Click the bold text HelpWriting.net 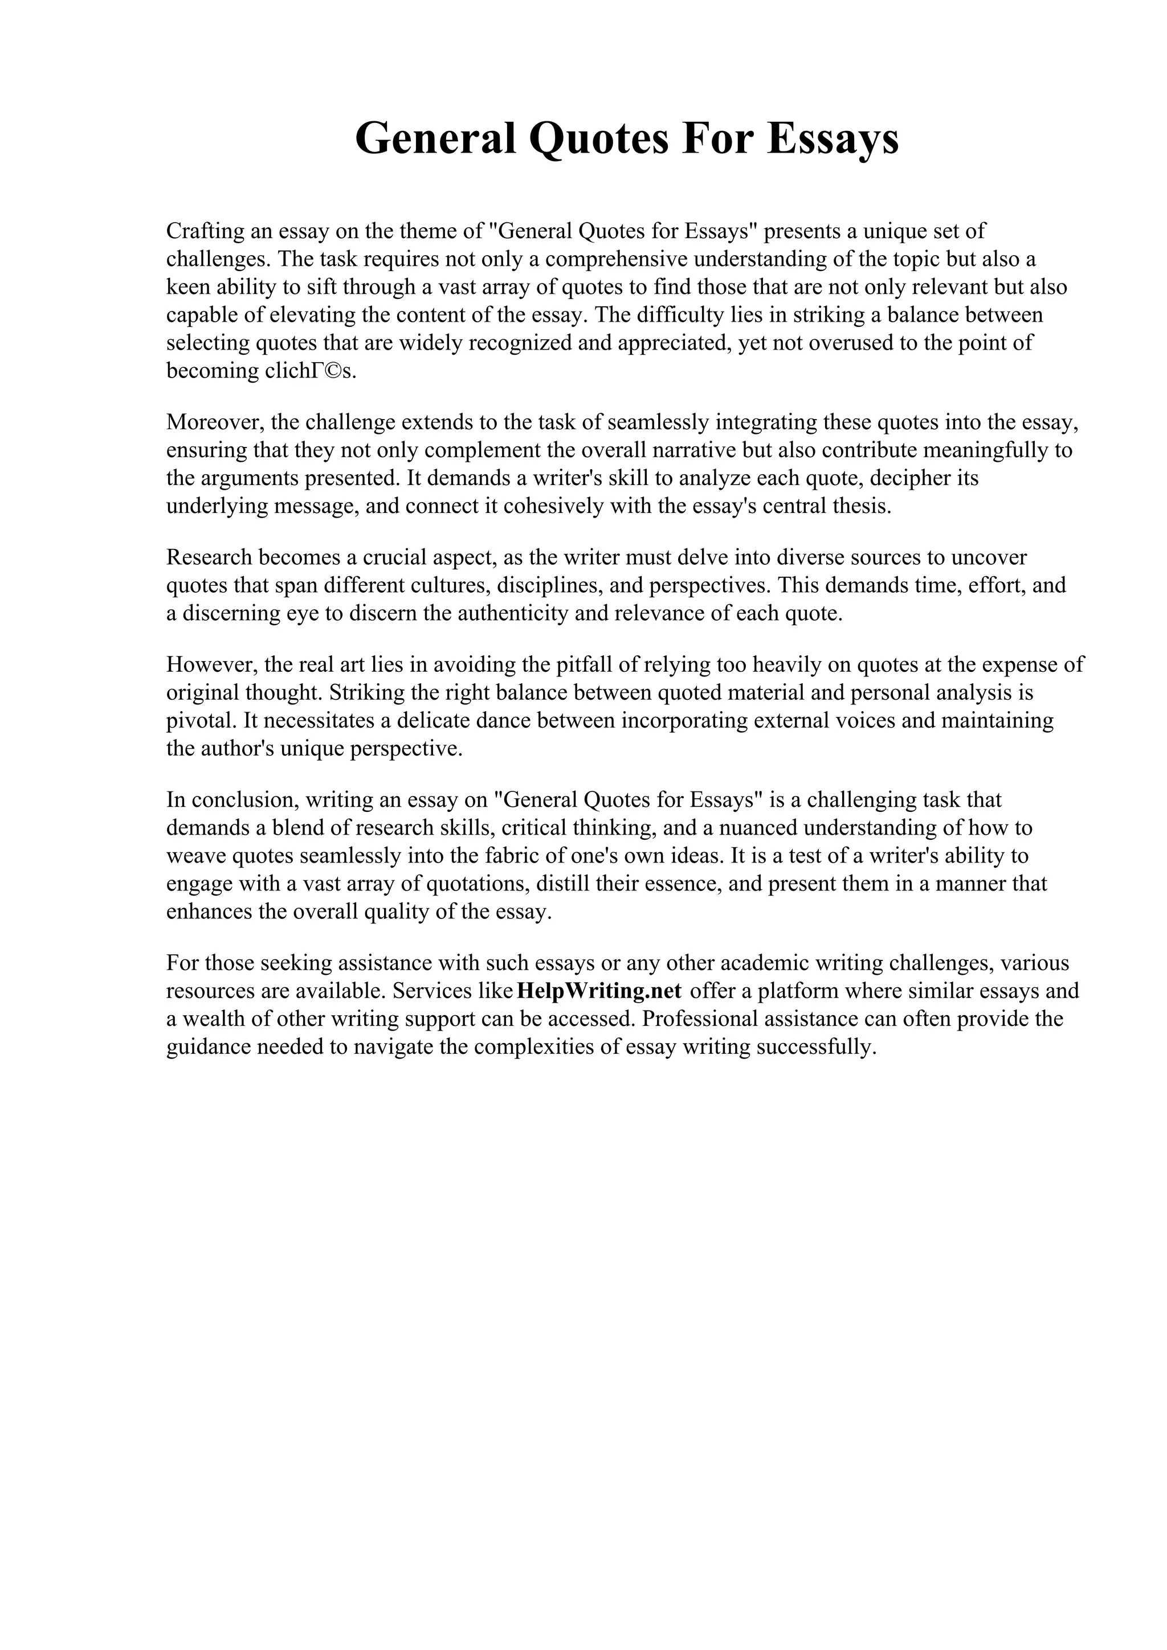point(599,991)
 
